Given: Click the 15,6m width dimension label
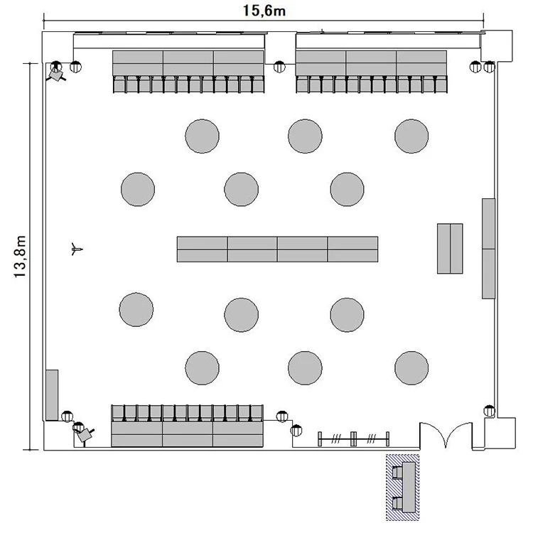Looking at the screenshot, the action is pyautogui.click(x=264, y=11).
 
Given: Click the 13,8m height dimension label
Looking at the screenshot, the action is pyautogui.click(x=20, y=257).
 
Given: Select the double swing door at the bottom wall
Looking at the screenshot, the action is pyautogui.click(x=446, y=436).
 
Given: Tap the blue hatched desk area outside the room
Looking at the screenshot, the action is pyautogui.click(x=402, y=488).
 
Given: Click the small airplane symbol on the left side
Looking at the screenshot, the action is pyautogui.click(x=77, y=249).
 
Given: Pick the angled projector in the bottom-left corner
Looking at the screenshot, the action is pyautogui.click(x=85, y=434).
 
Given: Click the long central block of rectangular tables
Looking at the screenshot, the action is pyautogui.click(x=277, y=249).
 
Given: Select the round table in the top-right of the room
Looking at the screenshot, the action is pyautogui.click(x=411, y=136).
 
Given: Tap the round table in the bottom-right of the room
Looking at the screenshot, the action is pyautogui.click(x=411, y=368).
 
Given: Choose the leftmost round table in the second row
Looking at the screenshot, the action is pyautogui.click(x=138, y=189).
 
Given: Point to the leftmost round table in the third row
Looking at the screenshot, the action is pyautogui.click(x=136, y=309).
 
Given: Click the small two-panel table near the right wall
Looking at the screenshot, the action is pyautogui.click(x=450, y=249).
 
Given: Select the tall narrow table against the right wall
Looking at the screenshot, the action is pyautogui.click(x=488, y=249).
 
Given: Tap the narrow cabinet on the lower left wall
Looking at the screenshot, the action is pyautogui.click(x=52, y=395).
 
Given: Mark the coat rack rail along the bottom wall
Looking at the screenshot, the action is pyautogui.click(x=353, y=439).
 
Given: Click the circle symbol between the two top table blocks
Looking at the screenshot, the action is pyautogui.click(x=279, y=67).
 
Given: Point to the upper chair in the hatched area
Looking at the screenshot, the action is pyautogui.click(x=397, y=473).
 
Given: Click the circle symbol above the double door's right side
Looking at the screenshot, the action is pyautogui.click(x=490, y=411).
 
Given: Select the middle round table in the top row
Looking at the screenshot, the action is pyautogui.click(x=305, y=136).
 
